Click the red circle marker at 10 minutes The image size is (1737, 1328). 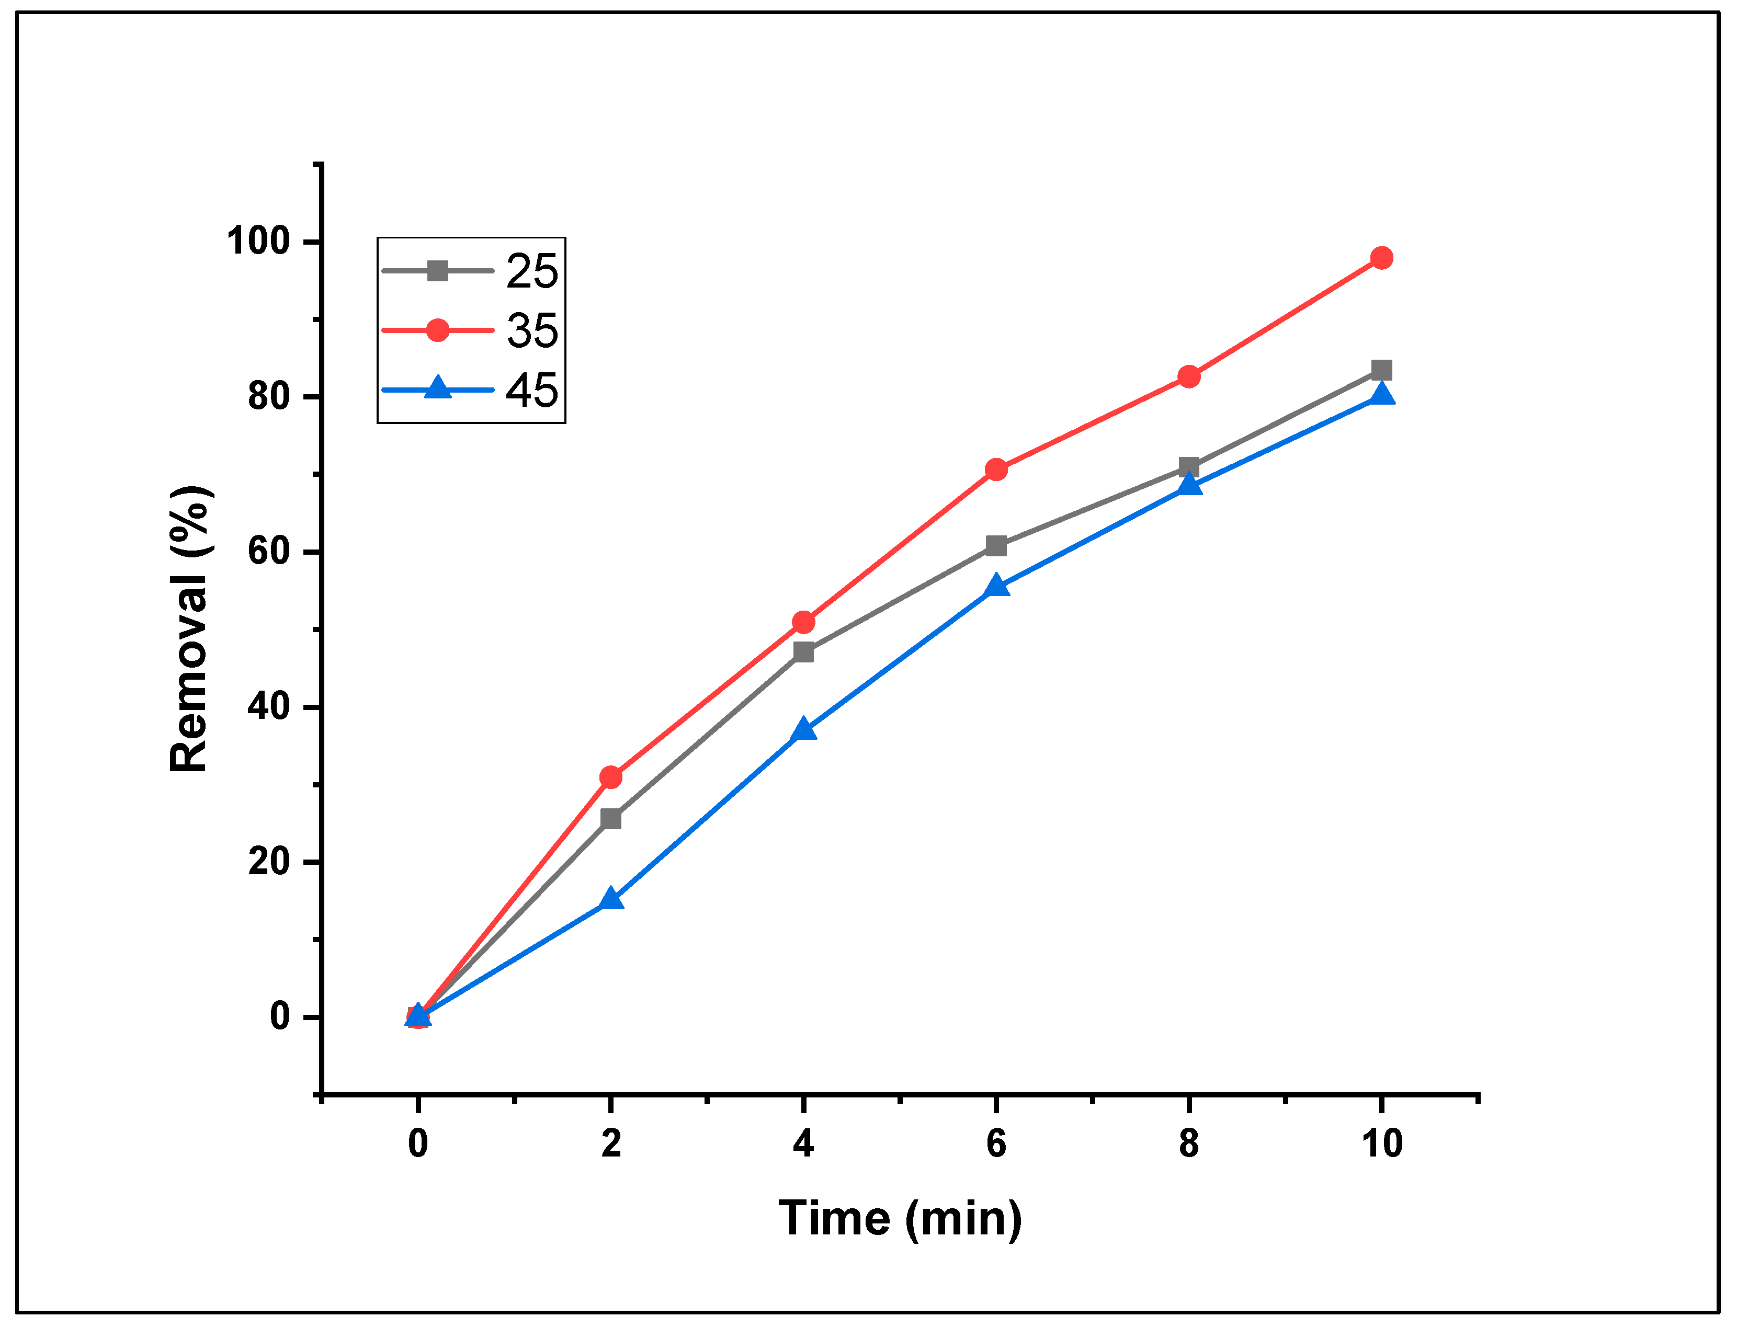[x=1381, y=258]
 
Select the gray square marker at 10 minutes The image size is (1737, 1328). [x=1381, y=370]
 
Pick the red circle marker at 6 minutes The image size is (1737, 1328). [x=996, y=470]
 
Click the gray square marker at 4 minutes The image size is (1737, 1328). [x=803, y=652]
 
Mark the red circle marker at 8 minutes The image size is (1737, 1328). [x=1188, y=376]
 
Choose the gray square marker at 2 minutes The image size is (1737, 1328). [x=610, y=819]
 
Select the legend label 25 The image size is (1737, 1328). [x=532, y=271]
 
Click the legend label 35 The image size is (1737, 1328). [x=532, y=330]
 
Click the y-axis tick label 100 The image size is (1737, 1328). [x=258, y=241]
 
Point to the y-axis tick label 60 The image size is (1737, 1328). [x=269, y=551]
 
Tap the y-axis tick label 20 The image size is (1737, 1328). [x=269, y=862]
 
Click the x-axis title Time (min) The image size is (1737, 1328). [x=900, y=1218]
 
